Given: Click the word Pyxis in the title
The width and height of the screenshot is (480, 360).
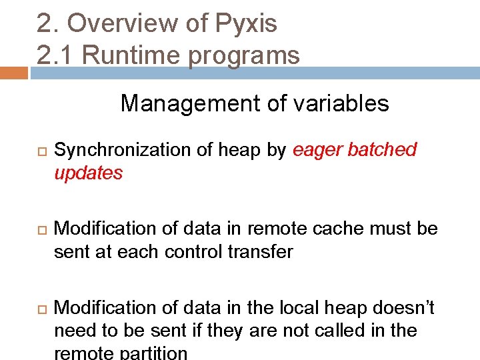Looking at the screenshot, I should click(246, 24).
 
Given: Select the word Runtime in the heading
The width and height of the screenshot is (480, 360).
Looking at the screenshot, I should click(133, 55).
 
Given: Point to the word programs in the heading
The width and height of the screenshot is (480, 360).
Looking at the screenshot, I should click(244, 56).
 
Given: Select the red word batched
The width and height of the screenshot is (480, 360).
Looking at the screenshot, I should click(384, 150).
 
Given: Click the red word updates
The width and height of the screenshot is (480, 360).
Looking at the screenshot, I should click(89, 173).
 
